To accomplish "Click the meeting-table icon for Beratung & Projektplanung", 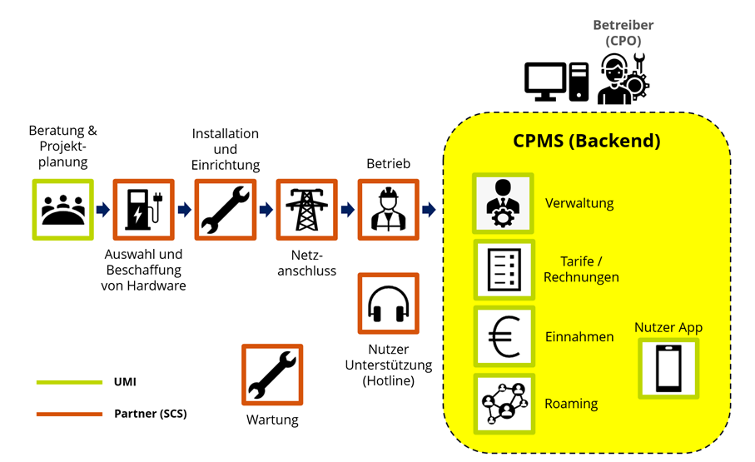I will (62, 209).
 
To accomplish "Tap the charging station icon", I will (143, 210).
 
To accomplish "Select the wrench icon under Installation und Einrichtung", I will (226, 210).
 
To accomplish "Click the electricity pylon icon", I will (306, 210).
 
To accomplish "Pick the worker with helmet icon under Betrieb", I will (388, 210).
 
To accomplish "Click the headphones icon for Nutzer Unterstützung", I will (388, 304).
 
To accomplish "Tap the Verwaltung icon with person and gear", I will (503, 203).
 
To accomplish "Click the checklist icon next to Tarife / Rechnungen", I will (503, 270).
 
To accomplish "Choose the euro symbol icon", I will (503, 337).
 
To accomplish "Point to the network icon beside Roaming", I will (503, 404).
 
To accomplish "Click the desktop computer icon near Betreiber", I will (556, 82).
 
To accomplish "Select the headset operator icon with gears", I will (623, 79).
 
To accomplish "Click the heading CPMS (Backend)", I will (586, 141).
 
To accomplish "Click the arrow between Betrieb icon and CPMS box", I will (429, 210).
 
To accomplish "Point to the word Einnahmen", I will (579, 337).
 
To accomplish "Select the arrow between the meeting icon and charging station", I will (102, 210).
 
